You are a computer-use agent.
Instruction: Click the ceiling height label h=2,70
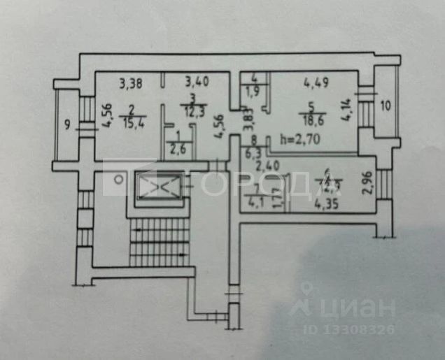point(298,138)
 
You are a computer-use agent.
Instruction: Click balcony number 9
point(66,125)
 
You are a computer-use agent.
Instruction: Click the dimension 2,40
point(267,166)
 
